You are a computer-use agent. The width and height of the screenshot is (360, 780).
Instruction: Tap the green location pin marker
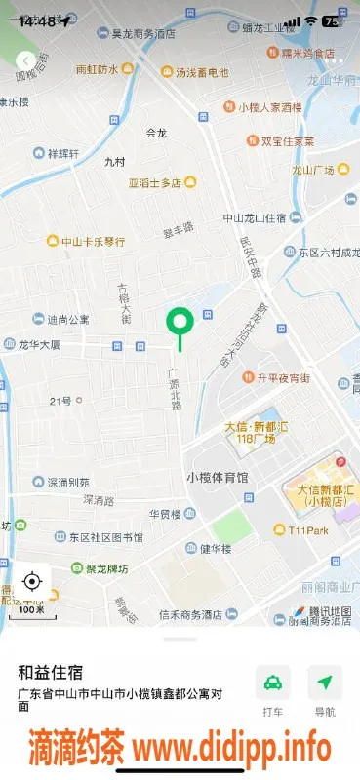(x=180, y=323)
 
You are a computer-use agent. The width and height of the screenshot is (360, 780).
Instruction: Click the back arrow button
(x=24, y=61)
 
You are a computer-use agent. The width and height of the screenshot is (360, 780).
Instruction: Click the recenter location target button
(x=30, y=582)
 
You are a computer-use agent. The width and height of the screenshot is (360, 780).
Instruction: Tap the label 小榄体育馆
(x=217, y=478)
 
